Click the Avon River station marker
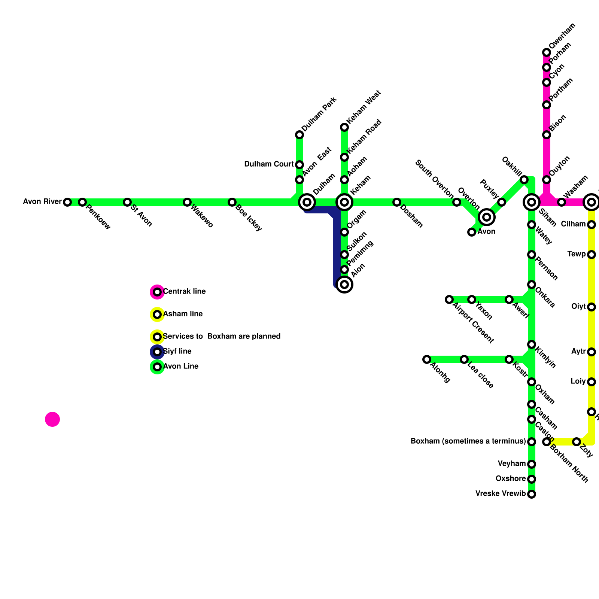[67, 202]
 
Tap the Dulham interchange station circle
[307, 202]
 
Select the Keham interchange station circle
[344, 202]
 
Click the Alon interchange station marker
[344, 285]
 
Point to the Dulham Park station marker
[299, 135]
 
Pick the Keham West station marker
[344, 128]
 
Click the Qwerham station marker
[547, 52]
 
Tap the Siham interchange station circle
[532, 202]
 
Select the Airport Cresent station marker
[449, 299]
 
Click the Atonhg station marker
[427, 359]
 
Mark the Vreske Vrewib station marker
[532, 494]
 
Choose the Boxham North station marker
[547, 442]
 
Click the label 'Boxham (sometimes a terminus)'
[468, 441]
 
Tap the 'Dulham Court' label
[269, 164]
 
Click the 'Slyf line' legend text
[177, 352]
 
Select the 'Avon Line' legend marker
[158, 367]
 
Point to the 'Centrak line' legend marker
[158, 292]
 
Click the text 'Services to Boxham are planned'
[222, 337]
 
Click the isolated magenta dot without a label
[52, 419]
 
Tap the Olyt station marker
[592, 307]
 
